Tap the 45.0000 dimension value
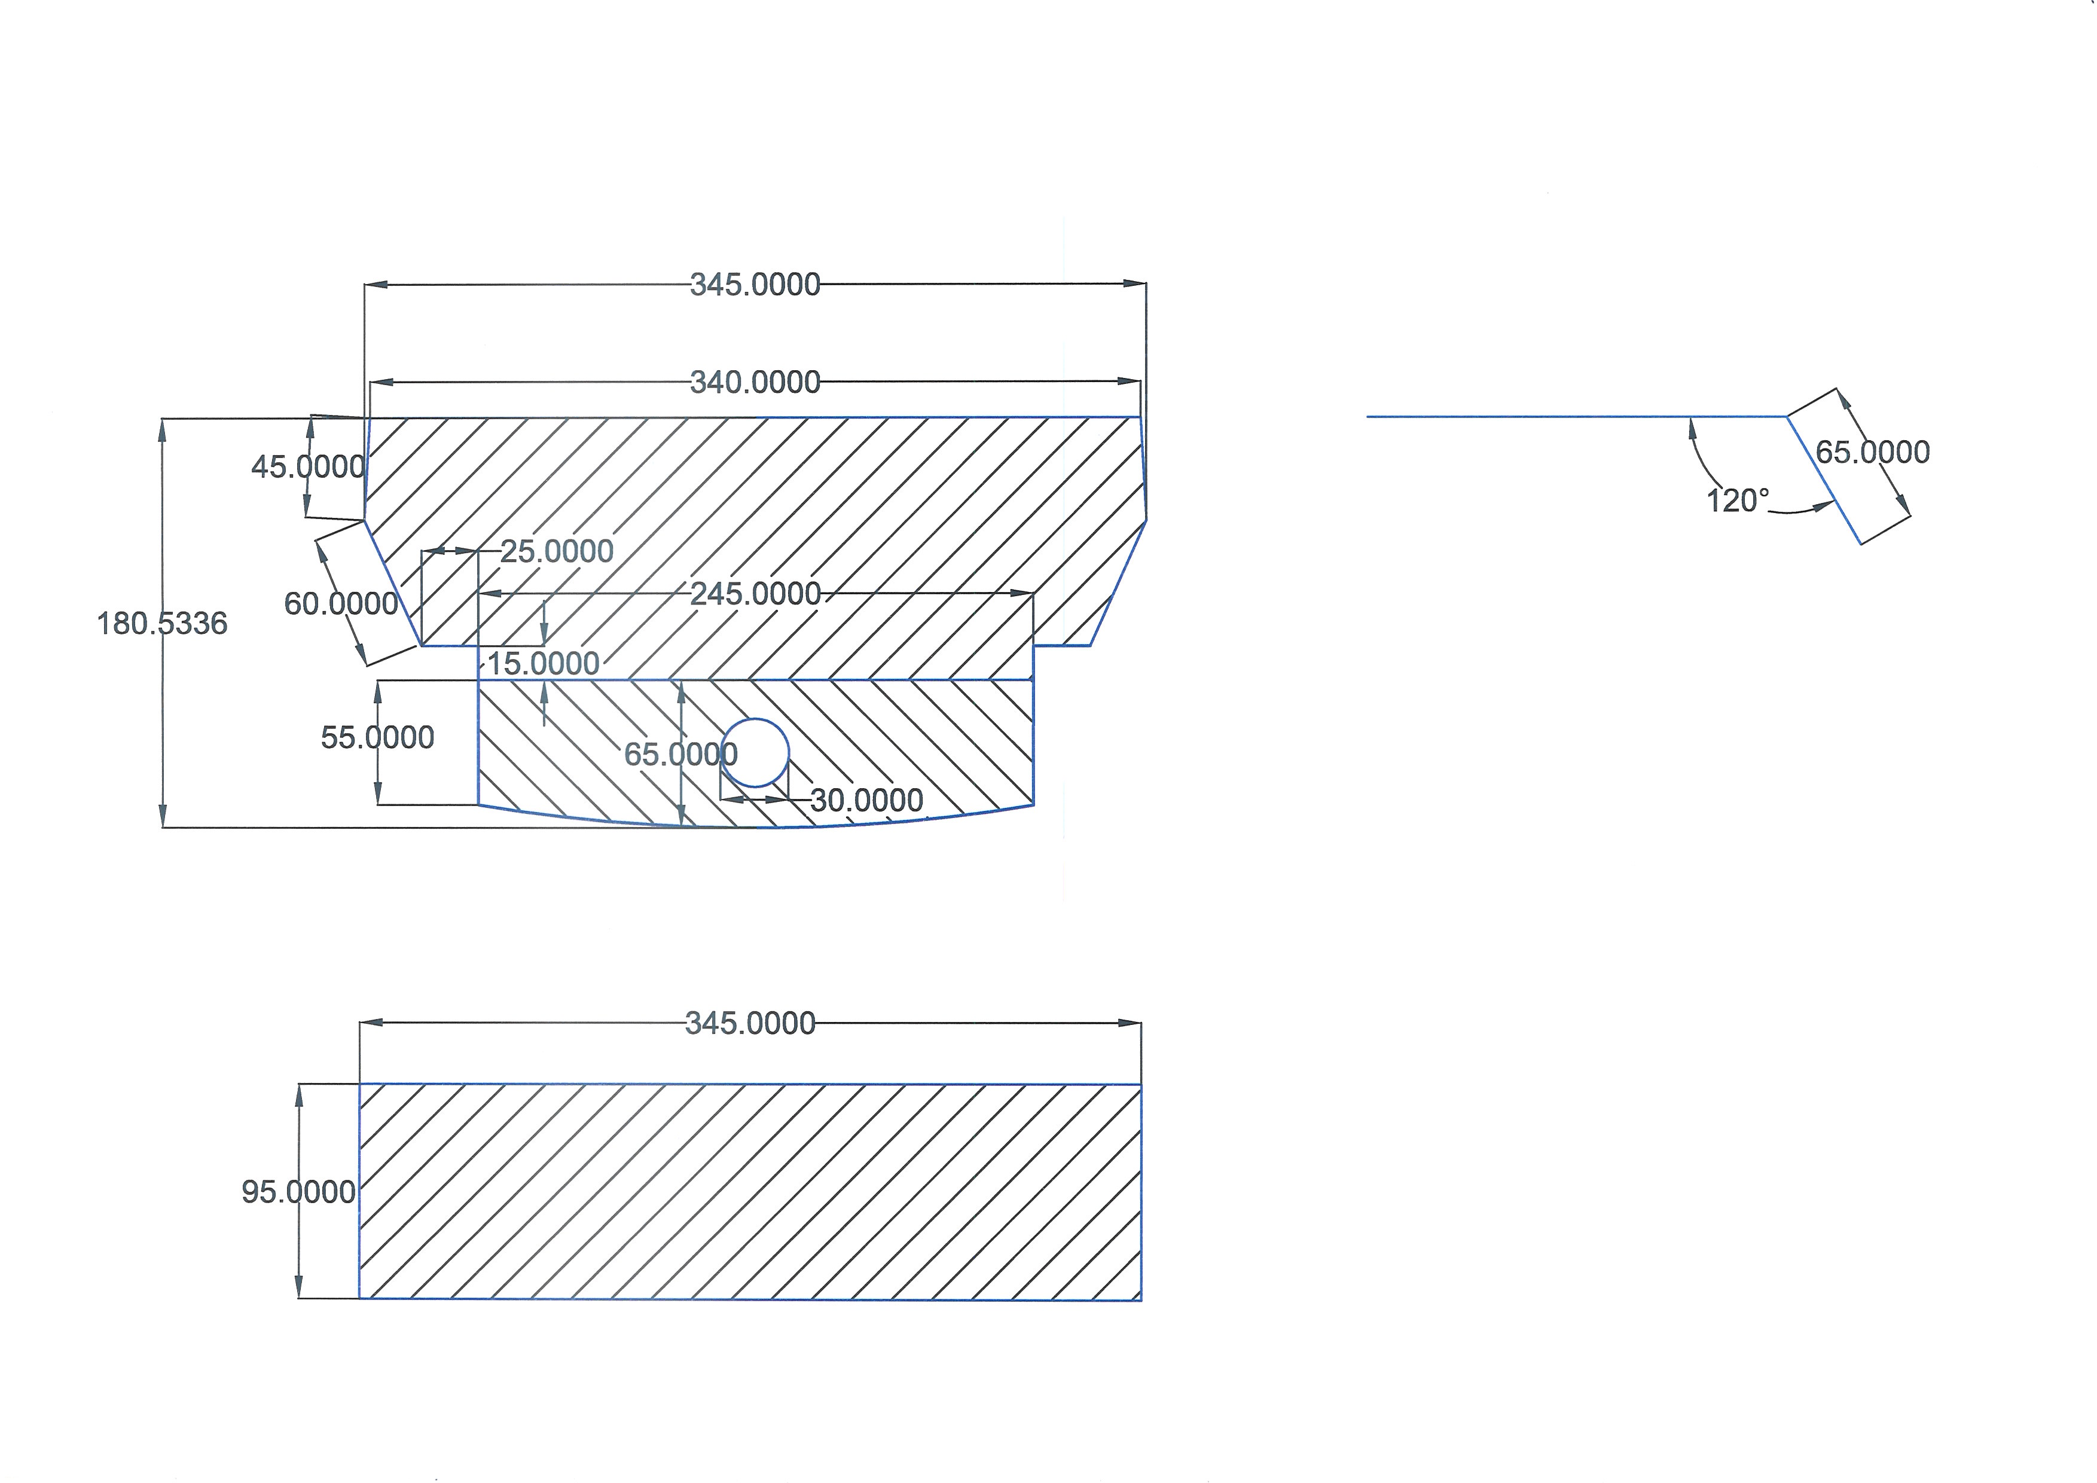[308, 466]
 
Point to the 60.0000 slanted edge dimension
[341, 603]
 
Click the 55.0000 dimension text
[377, 738]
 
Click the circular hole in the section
[755, 752]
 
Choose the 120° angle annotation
[1737, 501]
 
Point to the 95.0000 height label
[298, 1192]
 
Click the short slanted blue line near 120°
[1823, 480]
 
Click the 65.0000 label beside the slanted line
[1872, 452]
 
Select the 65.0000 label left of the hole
[680, 754]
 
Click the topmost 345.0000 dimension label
[755, 285]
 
